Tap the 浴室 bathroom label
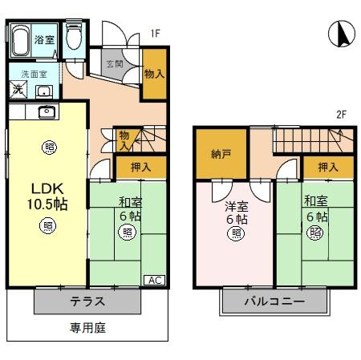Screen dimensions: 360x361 (43, 38)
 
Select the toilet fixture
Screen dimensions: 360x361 (74, 38)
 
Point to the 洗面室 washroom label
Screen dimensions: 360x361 (33, 73)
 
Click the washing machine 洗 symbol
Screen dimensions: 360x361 (17, 88)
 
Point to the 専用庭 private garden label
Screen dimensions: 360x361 (87, 327)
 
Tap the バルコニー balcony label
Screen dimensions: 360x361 (275, 303)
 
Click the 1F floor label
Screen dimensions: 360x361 (156, 34)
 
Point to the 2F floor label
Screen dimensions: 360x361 (341, 115)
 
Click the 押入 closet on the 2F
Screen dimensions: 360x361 (327, 167)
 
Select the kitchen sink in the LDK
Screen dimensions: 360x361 (44, 111)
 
